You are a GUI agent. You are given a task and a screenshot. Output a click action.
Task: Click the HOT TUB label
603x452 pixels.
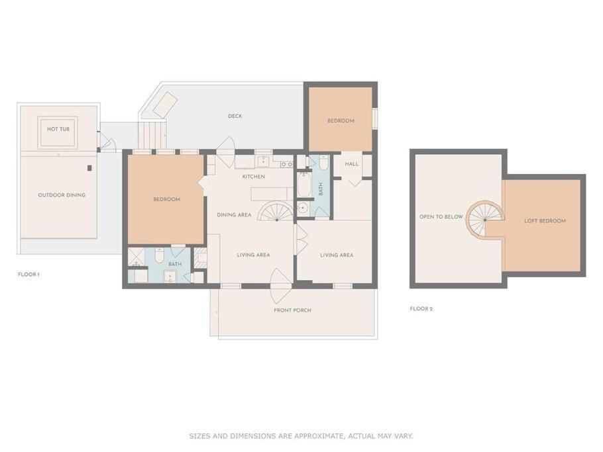pyautogui.click(x=58, y=129)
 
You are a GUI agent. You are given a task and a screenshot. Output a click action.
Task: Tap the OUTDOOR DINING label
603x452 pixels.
pyautogui.click(x=62, y=195)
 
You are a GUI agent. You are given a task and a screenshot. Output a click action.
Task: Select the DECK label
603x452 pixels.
pyautogui.click(x=235, y=116)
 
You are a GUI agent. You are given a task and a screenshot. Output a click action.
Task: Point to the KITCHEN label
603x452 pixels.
pyautogui.click(x=253, y=177)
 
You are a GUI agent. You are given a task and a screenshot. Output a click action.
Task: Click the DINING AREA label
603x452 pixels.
pyautogui.click(x=234, y=214)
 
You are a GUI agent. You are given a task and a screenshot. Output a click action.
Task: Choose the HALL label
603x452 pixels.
pyautogui.click(x=351, y=164)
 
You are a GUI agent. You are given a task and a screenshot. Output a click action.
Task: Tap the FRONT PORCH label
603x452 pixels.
pyautogui.click(x=292, y=310)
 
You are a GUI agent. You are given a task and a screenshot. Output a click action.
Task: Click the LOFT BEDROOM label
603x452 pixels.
pyautogui.click(x=545, y=221)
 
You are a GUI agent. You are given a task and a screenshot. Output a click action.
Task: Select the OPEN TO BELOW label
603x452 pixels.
pyautogui.click(x=441, y=217)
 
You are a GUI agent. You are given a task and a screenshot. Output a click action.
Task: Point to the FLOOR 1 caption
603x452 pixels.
pyautogui.click(x=29, y=275)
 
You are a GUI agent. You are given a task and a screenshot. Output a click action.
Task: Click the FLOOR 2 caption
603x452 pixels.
pyautogui.click(x=421, y=309)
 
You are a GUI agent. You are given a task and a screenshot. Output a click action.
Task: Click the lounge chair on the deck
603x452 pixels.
pyautogui.click(x=165, y=104)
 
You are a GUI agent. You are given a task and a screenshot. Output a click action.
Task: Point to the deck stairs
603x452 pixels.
pyautogui.click(x=152, y=135)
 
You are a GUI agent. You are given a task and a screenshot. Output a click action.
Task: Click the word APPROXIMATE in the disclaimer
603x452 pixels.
pyautogui.click(x=318, y=436)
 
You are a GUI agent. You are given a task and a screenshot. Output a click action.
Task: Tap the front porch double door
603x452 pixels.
pyautogui.click(x=281, y=286)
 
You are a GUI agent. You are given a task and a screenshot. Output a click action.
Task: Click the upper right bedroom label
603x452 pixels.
pyautogui.click(x=341, y=120)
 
